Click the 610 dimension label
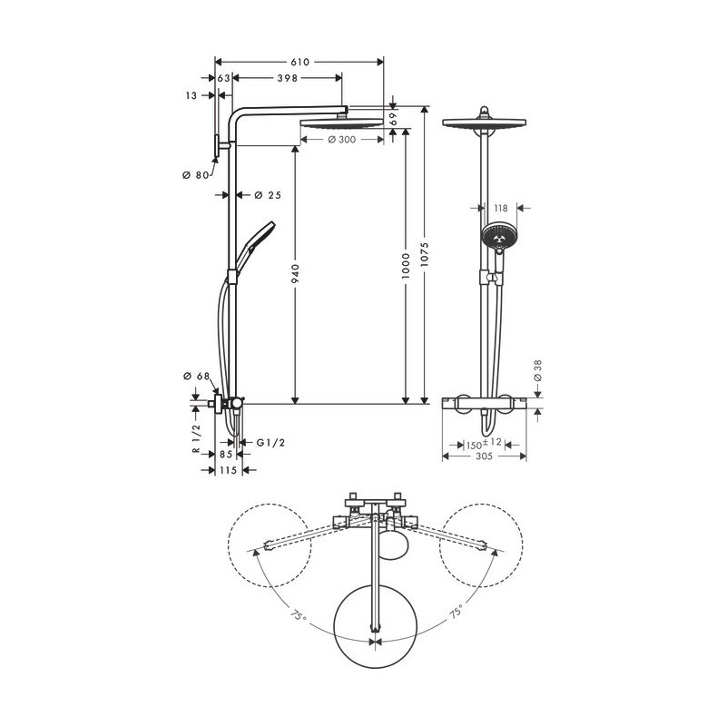[299, 62]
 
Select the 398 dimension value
[287, 78]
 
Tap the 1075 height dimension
[425, 255]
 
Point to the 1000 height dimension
[406, 266]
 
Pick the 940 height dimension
[296, 273]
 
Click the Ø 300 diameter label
[342, 140]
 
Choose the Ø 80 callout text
[195, 175]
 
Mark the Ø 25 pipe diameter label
[268, 195]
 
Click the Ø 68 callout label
[196, 376]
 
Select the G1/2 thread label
[270, 443]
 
